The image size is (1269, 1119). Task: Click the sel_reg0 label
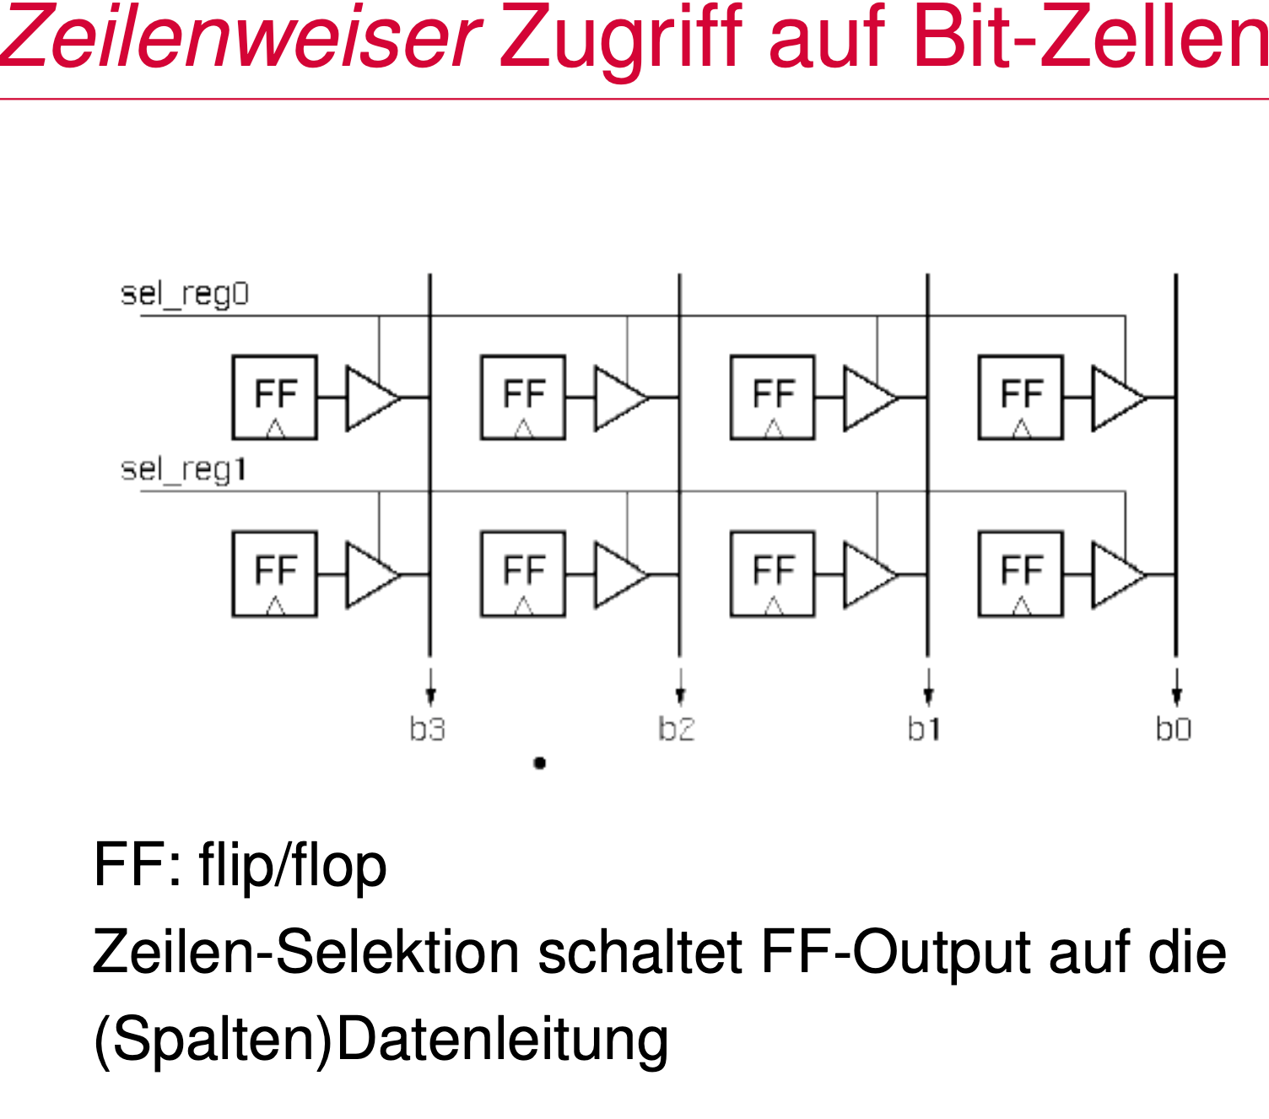185,295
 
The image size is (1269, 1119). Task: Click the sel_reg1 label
183,469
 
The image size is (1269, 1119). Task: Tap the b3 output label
427,729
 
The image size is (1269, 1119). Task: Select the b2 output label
676,729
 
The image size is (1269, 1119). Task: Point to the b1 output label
924,729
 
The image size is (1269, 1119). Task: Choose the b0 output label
1173,729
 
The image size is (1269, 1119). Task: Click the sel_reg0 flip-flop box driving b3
275,397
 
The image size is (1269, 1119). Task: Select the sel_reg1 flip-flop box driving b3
275,574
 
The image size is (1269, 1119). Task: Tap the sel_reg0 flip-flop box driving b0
1021,397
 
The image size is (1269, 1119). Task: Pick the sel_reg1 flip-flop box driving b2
523,574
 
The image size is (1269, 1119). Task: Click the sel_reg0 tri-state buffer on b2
618,397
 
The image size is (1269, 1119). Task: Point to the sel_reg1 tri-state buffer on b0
1116,576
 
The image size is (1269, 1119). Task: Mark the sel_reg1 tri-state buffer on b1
867,576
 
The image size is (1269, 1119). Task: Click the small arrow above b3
430,687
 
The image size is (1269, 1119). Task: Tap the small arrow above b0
1176,687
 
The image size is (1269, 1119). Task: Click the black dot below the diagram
540,763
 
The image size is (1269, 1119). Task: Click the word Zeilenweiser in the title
240,38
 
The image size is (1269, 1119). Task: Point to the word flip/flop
293,866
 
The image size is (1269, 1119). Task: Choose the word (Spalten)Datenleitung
381,1040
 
